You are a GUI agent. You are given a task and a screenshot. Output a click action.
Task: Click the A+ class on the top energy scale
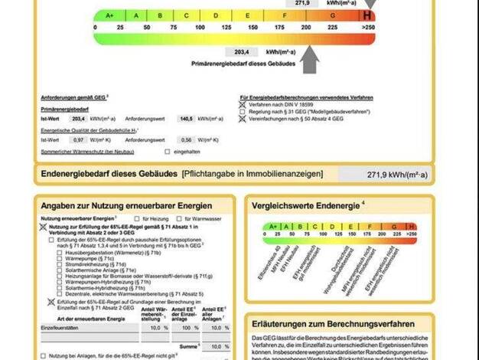[109, 15]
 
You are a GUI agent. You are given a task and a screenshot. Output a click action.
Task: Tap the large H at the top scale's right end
[368, 15]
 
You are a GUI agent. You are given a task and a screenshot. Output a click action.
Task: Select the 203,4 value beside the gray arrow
[243, 51]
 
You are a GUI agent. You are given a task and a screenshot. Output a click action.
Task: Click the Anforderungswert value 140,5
[186, 119]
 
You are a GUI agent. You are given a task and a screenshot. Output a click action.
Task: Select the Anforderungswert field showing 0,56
[186, 139]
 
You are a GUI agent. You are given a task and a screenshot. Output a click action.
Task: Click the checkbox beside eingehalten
[166, 152]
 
